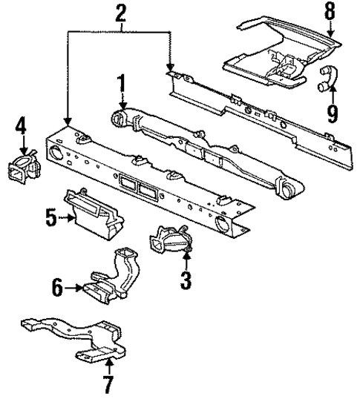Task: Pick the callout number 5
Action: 49,219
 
